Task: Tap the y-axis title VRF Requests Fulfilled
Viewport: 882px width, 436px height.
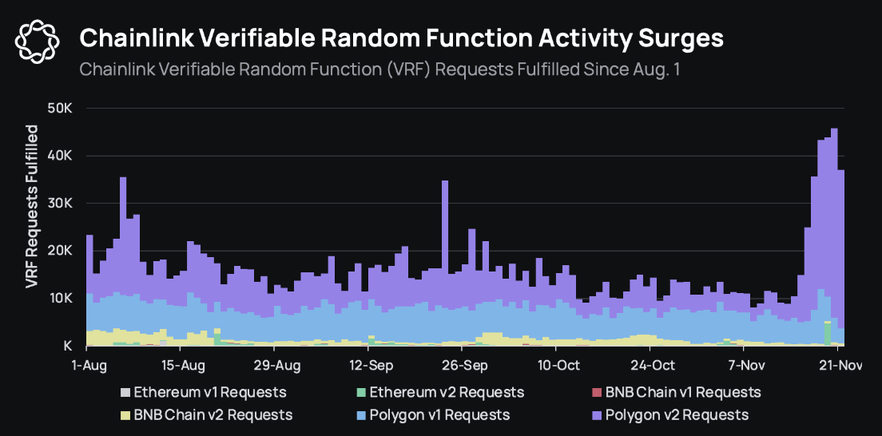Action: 32,206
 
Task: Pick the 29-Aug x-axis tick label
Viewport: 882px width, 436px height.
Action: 275,366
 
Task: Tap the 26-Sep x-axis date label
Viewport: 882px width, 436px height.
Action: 463,366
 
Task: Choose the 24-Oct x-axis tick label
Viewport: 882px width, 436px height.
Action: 650,366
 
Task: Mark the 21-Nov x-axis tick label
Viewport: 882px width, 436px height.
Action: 837,366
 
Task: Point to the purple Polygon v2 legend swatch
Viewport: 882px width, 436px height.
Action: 596,414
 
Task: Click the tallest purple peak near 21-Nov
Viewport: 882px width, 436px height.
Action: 834,130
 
